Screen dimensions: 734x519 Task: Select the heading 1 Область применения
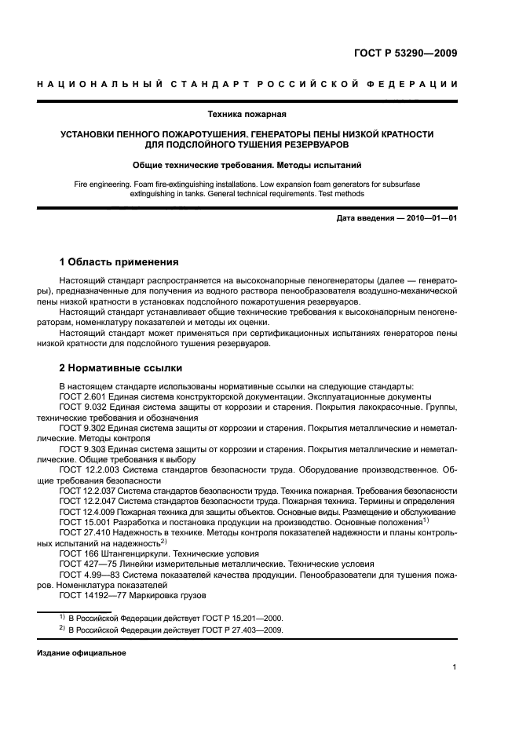(119, 261)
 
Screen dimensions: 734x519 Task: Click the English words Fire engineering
(101, 182)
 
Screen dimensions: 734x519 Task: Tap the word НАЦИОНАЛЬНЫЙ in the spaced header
(97, 84)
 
